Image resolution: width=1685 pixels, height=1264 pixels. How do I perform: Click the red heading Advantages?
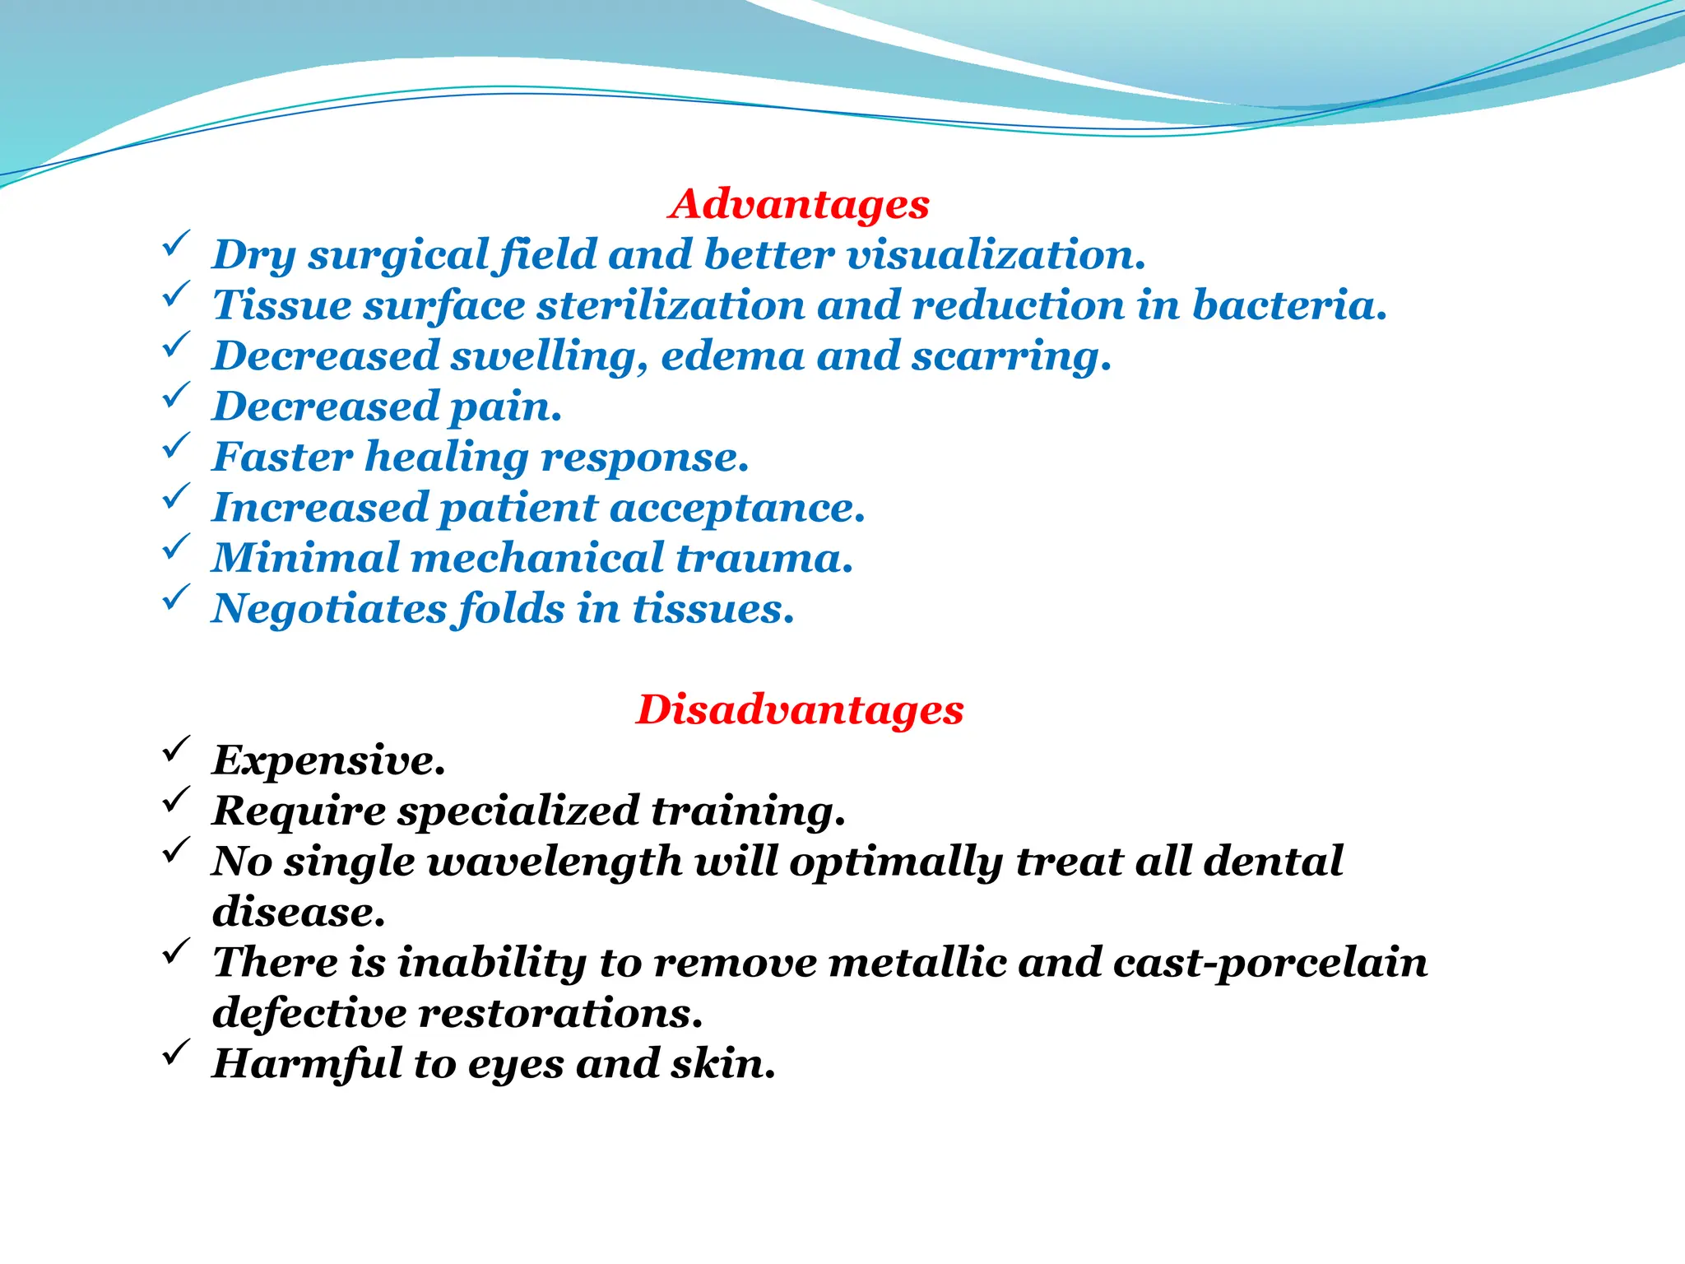(799, 204)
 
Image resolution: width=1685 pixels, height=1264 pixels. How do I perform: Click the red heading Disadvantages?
(799, 709)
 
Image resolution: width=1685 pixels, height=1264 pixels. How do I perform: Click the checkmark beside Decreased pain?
(176, 396)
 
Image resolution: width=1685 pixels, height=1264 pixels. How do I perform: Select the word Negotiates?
(328, 610)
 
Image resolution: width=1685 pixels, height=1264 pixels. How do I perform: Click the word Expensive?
(328, 761)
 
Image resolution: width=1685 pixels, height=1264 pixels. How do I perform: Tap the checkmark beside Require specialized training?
(176, 800)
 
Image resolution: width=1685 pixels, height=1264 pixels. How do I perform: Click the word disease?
(298, 912)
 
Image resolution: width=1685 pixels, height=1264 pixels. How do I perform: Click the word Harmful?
(306, 1063)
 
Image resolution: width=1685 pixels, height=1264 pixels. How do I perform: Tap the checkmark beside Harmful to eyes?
(176, 1053)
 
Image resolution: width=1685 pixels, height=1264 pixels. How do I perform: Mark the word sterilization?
(671, 305)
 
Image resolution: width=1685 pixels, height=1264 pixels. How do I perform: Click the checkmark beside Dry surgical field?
(176, 244)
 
